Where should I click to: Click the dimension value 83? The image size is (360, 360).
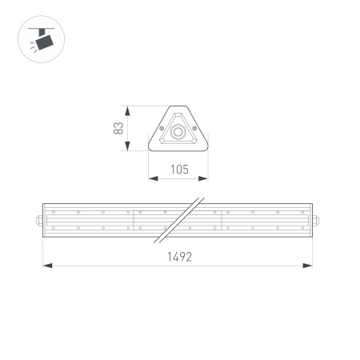118,129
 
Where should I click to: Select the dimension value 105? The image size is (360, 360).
179,169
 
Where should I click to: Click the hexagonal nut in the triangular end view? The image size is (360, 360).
178,129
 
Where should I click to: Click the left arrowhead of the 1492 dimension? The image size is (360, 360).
46,266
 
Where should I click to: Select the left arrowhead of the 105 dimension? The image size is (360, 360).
152,177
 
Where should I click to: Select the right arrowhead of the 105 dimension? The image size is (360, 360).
206,177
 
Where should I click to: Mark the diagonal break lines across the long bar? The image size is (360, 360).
179,218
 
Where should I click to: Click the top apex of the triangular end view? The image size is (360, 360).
179,106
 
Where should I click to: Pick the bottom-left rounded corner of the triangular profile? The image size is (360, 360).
152,150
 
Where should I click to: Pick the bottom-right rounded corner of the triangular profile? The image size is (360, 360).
206,150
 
